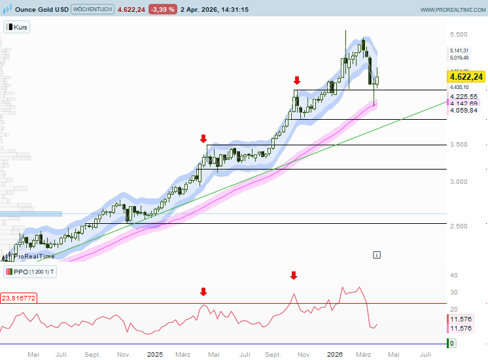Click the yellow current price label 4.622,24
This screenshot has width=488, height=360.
[466, 77]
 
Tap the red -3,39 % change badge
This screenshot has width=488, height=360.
[162, 10]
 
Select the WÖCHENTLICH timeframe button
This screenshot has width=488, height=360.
[92, 10]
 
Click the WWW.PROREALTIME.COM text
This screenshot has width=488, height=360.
[451, 10]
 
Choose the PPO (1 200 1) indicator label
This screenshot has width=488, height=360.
[30, 272]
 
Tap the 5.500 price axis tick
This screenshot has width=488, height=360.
[457, 35]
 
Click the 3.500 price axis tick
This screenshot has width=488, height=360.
[457, 145]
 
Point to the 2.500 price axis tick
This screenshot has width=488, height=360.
[457, 226]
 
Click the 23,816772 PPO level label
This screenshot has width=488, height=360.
[18, 298]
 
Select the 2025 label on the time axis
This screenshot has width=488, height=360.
[155, 354]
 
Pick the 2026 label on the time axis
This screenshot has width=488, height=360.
[335, 354]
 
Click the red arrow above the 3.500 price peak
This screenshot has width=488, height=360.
[203, 139]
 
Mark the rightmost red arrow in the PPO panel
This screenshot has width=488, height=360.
[294, 276]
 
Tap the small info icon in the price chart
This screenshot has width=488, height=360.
[377, 254]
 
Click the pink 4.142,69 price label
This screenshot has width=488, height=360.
[464, 103]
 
